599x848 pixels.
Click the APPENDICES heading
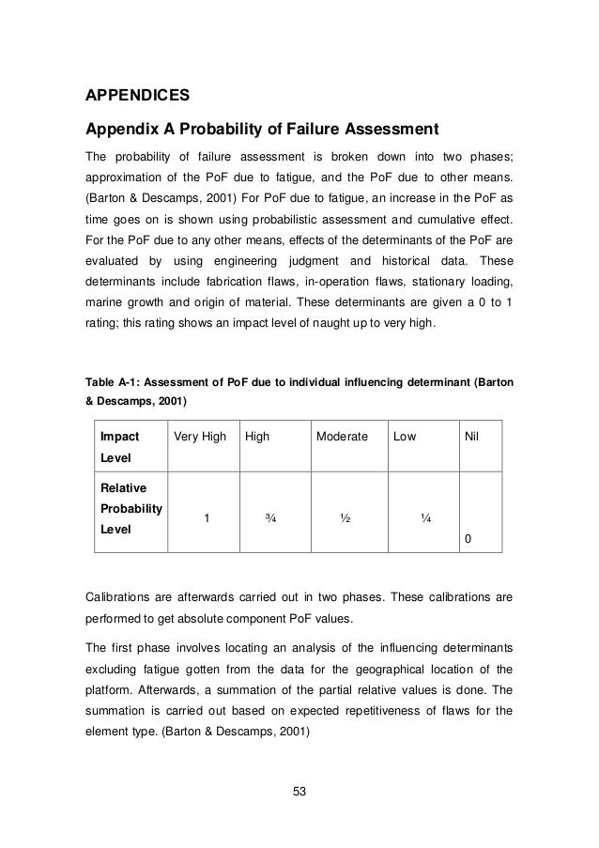[138, 96]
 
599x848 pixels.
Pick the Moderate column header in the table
[342, 437]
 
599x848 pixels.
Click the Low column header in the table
[405, 437]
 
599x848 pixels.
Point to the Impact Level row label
[119, 446]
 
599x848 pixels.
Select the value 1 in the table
[207, 517]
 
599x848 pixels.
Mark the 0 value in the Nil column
[468, 539]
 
